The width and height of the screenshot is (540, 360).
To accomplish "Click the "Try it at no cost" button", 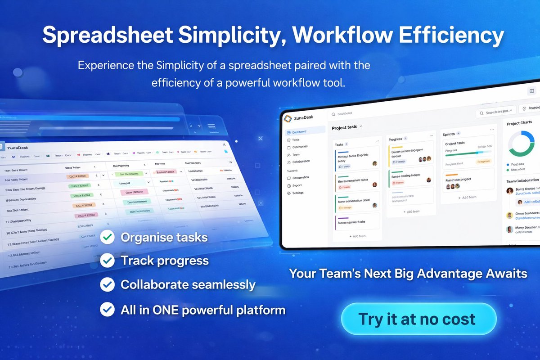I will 418,319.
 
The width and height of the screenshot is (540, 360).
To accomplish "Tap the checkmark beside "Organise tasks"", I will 107,237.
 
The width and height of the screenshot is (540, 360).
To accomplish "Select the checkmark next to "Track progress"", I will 107,261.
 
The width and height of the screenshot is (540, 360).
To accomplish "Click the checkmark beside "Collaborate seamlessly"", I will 107,284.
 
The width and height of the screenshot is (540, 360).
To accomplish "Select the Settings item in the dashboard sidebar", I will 297,193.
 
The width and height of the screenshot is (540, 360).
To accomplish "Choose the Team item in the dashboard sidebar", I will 296,154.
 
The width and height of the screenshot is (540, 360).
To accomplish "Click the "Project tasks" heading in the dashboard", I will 344,127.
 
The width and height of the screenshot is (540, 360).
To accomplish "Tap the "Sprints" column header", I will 449,134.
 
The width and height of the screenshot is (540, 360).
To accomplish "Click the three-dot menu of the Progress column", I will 432,135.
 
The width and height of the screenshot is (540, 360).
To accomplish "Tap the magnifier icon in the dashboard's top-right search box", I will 482,113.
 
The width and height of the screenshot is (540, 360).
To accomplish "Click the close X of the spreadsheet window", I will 225,144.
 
